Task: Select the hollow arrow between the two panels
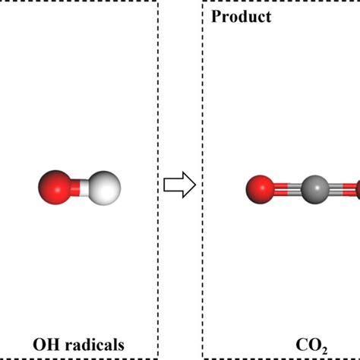tap(180, 185)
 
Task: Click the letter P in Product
tap(216, 17)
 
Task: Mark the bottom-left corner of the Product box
tap(203, 358)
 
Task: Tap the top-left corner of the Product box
tap(203, 2)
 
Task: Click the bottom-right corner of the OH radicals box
tap(158, 358)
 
